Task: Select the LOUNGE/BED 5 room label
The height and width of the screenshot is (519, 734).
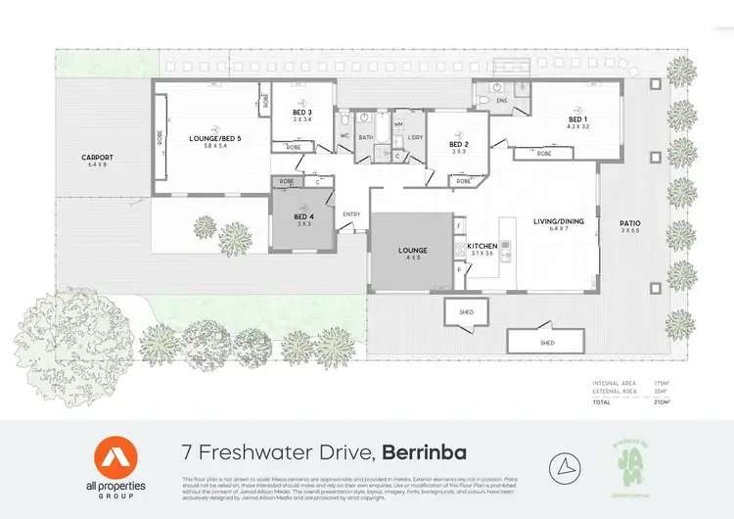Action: pos(214,139)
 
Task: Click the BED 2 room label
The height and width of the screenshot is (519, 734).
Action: pos(457,144)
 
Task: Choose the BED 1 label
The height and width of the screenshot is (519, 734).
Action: pos(578,119)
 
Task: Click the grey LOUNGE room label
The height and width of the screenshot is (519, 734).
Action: pos(413,251)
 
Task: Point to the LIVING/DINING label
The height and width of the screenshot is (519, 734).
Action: pos(558,221)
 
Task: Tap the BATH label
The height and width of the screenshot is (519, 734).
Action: pos(366,137)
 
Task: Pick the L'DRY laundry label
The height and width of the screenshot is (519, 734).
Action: pos(415,137)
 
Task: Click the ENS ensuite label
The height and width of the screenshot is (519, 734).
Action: pos(502,101)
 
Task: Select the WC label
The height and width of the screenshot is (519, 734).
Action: pos(344,135)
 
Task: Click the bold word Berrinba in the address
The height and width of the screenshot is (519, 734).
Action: pos(424,452)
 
